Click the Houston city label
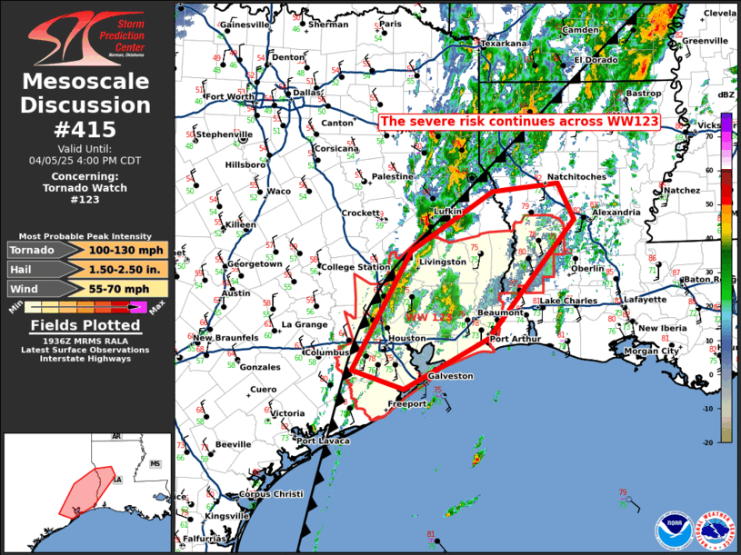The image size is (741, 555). (406, 339)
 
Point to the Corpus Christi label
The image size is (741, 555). (270, 494)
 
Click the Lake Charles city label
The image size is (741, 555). (568, 301)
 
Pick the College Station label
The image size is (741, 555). (350, 267)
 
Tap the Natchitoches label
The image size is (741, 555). (572, 176)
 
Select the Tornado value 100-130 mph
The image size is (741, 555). (127, 250)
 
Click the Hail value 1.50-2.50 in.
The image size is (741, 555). (127, 269)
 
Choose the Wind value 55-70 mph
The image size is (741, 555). (127, 288)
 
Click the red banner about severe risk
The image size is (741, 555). (519, 122)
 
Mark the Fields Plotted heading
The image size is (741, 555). (86, 325)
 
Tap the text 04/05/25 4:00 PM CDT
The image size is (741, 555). (86, 160)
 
